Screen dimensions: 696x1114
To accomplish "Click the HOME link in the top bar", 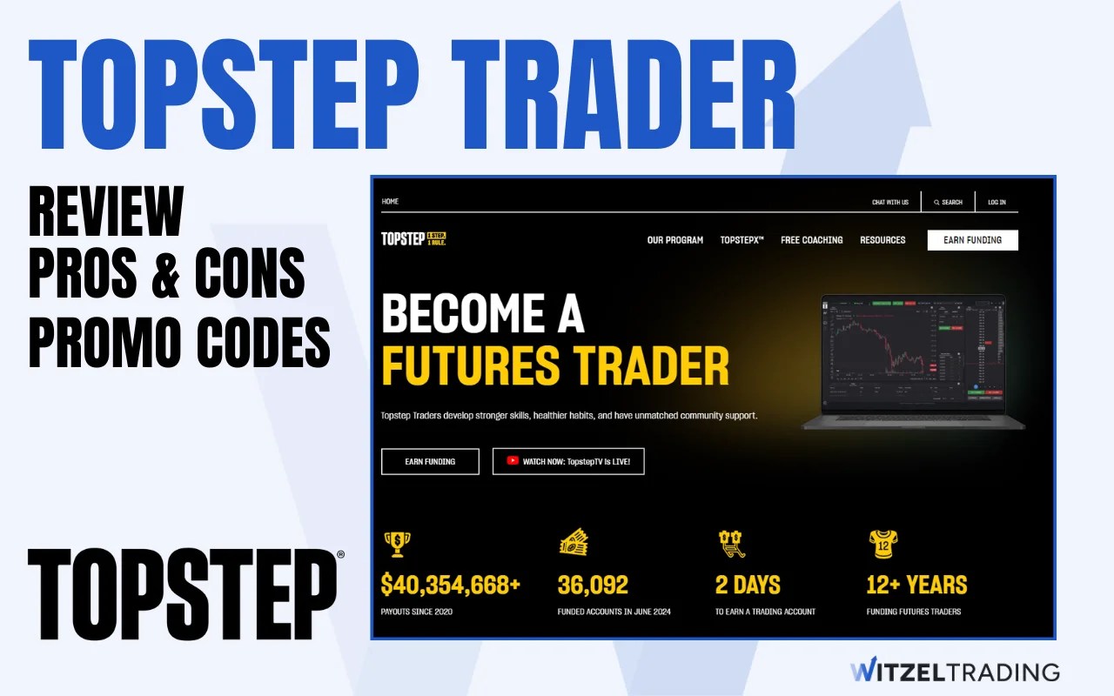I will click(x=390, y=201).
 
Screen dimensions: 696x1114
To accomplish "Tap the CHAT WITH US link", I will click(x=889, y=202).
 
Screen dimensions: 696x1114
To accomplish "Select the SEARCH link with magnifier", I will click(x=948, y=202).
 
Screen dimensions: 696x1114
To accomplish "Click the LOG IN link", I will click(x=997, y=202).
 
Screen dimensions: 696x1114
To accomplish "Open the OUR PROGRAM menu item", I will click(x=674, y=240).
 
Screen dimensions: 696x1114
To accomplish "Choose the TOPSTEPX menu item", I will click(x=742, y=240).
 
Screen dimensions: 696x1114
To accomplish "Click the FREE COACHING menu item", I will click(x=811, y=240).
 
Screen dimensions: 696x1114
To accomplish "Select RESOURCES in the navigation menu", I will click(x=882, y=240).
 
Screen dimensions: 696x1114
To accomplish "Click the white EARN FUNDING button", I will click(x=972, y=240).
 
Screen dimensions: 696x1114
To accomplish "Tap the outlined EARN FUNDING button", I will click(x=430, y=461).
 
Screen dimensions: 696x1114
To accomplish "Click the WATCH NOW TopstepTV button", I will click(x=568, y=461).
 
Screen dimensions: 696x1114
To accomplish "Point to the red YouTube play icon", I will click(x=513, y=461).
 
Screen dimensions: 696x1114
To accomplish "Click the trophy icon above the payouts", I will click(x=397, y=544).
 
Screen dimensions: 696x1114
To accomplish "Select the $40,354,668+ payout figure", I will click(x=451, y=585).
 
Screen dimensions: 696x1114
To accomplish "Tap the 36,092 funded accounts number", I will click(x=593, y=585).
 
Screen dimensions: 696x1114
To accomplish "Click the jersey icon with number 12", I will click(x=882, y=544).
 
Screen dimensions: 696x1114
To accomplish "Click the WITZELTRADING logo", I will click(x=955, y=672).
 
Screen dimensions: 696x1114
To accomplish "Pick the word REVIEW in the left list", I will click(x=106, y=212).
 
